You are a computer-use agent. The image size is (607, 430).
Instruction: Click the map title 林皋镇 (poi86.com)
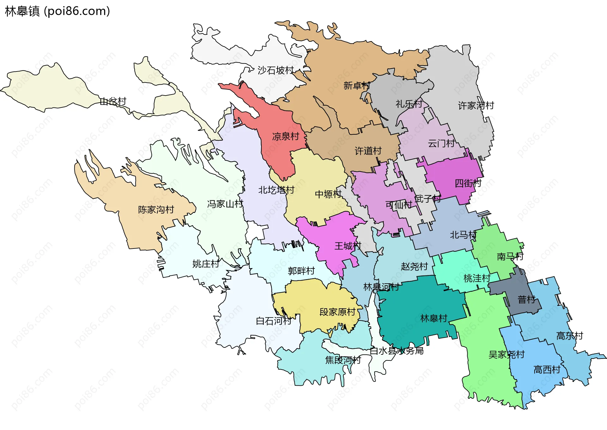(57, 11)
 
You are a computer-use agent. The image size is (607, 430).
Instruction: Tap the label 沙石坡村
(276, 70)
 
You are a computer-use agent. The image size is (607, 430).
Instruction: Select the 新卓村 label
(357, 85)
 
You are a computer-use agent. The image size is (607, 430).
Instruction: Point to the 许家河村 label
(476, 106)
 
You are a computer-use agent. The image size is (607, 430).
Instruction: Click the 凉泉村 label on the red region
(285, 137)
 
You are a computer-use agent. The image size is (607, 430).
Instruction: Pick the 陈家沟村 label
(156, 210)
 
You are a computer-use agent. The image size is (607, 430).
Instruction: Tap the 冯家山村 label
(225, 204)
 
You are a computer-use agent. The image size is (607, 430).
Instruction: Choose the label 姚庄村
(205, 264)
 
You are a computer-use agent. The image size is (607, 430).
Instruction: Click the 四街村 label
(468, 183)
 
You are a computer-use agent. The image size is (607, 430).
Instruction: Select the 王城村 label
(348, 246)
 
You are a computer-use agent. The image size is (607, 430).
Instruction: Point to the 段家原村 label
(337, 312)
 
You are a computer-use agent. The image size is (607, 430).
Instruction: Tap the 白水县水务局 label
(396, 351)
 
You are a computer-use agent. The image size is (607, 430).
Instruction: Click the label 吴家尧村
(506, 355)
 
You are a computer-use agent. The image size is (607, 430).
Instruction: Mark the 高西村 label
(547, 370)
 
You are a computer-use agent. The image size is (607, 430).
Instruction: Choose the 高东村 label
(570, 336)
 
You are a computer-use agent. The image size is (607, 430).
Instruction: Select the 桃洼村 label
(477, 279)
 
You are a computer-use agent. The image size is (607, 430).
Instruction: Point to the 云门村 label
(441, 144)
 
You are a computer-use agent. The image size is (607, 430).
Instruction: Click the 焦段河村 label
(343, 360)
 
